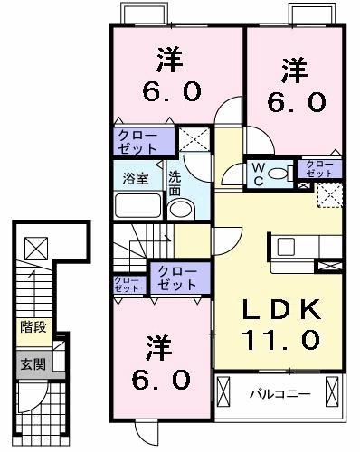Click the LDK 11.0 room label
tap(279, 324)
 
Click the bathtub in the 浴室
tap(137, 205)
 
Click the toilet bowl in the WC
tap(279, 172)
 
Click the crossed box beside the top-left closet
tap(192, 140)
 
